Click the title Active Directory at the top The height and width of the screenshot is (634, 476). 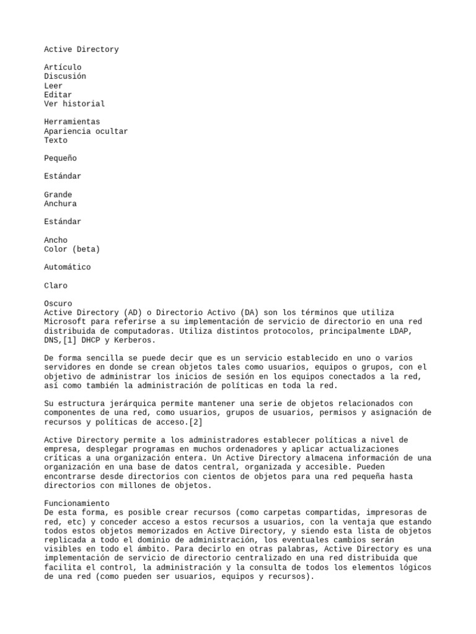[x=81, y=49]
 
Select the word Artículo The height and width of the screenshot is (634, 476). [x=63, y=67]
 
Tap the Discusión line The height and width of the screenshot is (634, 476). [x=65, y=76]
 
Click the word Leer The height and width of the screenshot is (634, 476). [x=53, y=85]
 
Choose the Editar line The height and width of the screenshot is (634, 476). [x=58, y=95]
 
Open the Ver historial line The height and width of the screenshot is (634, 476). [x=74, y=103]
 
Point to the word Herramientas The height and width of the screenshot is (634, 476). [x=72, y=122]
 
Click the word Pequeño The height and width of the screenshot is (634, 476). [x=60, y=158]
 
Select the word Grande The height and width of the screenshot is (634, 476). [x=58, y=194]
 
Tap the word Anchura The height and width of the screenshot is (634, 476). [x=60, y=204]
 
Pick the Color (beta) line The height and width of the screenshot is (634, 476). [x=72, y=249]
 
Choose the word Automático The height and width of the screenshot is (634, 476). [x=68, y=267]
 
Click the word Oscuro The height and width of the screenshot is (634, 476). [x=58, y=304]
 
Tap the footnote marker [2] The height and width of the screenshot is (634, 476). [x=195, y=422]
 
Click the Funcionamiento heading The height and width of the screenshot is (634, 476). [x=76, y=503]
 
